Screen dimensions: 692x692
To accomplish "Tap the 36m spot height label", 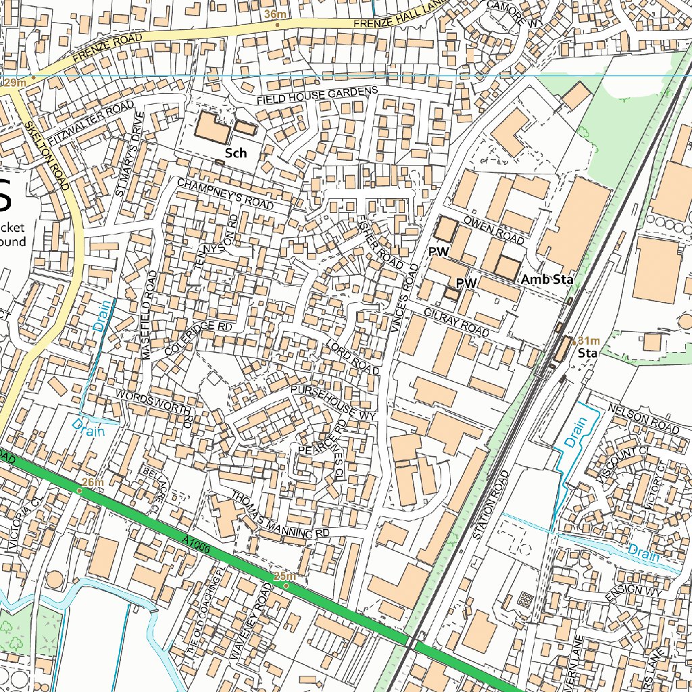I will (275, 14).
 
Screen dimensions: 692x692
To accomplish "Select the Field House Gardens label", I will (317, 95).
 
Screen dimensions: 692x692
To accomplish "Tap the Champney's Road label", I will (225, 193).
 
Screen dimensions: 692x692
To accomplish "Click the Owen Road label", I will (494, 230).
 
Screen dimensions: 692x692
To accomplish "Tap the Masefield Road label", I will (150, 315).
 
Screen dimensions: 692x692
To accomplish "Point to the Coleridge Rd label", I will (199, 337).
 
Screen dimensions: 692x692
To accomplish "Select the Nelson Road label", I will (643, 419).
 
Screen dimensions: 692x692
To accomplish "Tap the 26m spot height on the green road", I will (93, 482).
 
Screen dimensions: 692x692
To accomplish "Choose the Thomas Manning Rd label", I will (280, 515).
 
